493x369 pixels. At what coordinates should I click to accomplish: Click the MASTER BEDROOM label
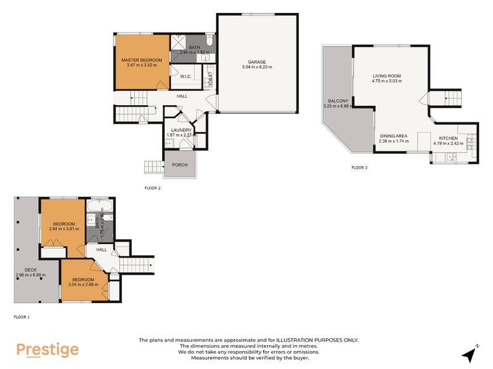pos(142,60)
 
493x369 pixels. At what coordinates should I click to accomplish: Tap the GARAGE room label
pos(256,62)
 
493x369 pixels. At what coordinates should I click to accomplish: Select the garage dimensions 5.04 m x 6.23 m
pos(256,67)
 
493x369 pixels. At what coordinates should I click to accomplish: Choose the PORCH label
pos(180,165)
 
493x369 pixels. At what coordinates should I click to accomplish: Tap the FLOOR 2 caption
pos(152,188)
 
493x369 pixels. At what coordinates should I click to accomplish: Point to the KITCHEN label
pos(448,139)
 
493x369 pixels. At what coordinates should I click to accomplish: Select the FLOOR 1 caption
pos(22,317)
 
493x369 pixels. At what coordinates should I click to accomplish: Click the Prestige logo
pos(47,350)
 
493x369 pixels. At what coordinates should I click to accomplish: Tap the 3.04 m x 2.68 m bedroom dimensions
pos(83,285)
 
